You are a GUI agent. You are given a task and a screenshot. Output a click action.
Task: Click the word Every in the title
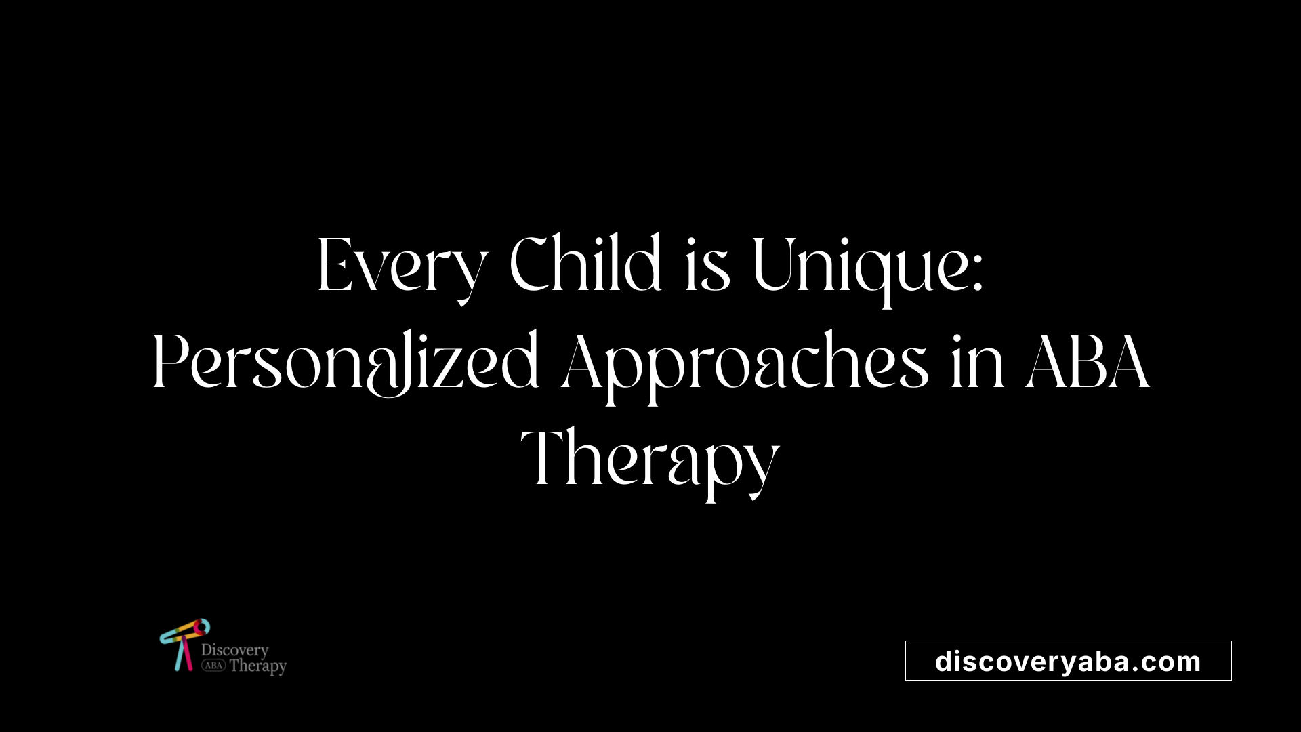402,266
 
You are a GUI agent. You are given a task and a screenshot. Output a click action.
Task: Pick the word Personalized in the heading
346,363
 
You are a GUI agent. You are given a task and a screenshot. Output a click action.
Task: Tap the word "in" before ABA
976,363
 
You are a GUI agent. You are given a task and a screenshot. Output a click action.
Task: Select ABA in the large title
1088,363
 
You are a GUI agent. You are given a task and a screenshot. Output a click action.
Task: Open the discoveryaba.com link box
1068,661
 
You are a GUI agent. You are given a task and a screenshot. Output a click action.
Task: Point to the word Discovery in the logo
234,650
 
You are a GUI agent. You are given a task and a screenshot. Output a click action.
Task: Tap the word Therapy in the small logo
257,666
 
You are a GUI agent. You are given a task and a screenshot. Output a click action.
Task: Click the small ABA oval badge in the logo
213,666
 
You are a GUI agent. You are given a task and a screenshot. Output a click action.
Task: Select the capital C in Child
531,264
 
